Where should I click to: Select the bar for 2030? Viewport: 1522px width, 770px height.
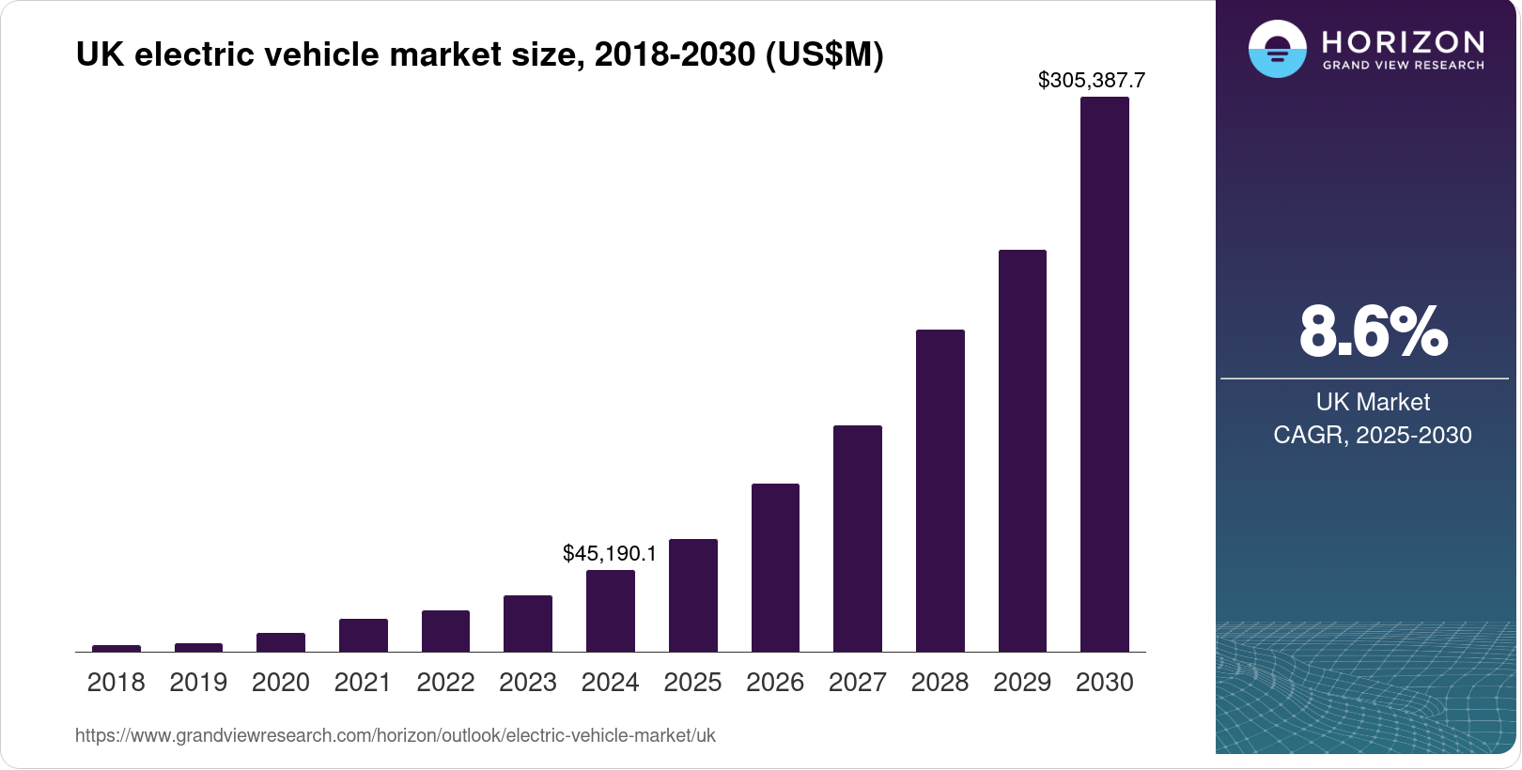pos(1104,376)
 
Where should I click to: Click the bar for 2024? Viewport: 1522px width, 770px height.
pos(610,611)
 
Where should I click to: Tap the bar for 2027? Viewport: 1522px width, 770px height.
pos(857,539)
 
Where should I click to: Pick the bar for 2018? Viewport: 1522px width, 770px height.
pos(116,648)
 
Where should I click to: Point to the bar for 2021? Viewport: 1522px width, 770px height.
pos(363,636)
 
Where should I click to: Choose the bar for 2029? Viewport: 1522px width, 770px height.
pos(1022,451)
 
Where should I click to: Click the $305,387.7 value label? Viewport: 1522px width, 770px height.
pos(1091,81)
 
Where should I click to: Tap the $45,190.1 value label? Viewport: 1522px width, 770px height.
pos(610,554)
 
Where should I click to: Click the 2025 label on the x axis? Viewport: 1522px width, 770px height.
pos(692,683)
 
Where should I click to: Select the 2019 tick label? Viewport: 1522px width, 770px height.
pos(198,683)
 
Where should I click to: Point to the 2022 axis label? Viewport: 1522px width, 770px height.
pos(445,683)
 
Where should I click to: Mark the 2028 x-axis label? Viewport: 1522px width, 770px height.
pos(940,683)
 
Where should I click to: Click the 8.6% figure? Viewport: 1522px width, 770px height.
pos(1373,332)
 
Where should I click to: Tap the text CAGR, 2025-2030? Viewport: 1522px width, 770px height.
pos(1372,436)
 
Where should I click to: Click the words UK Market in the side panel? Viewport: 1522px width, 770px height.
pos(1372,403)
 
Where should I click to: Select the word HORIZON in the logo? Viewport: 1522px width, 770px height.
pos(1403,42)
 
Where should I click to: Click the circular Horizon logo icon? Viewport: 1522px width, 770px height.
pos(1277,49)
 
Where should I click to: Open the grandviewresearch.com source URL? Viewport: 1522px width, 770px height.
pos(395,736)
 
